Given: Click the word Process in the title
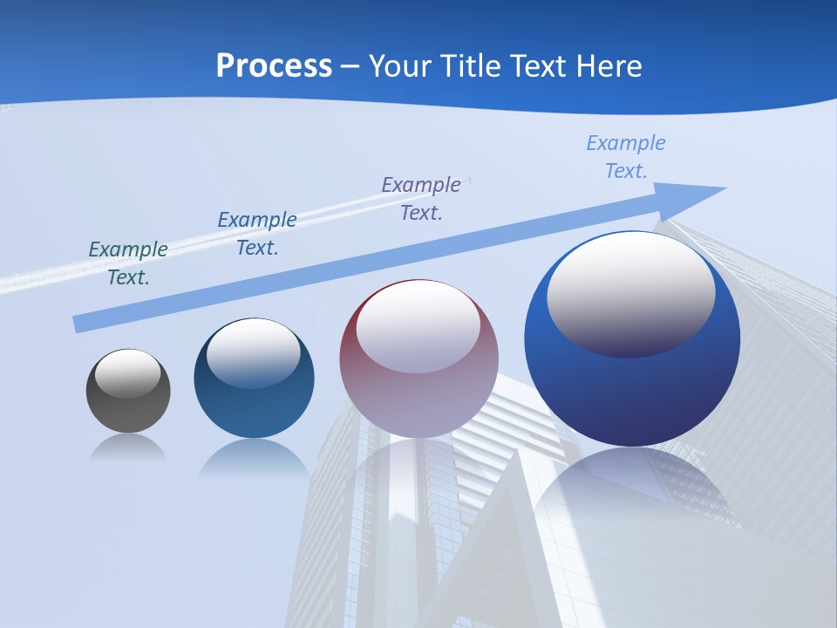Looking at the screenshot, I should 274,66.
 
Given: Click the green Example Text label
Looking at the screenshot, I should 128,263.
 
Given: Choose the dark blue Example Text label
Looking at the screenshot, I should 257,234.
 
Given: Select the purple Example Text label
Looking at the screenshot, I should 421,198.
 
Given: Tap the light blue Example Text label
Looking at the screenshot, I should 626,157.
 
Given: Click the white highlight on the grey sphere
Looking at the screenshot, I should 128,373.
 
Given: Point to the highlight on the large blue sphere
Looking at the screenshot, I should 631,293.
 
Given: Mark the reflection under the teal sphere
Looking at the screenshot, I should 254,457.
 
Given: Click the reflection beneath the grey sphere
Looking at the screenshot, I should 128,447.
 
